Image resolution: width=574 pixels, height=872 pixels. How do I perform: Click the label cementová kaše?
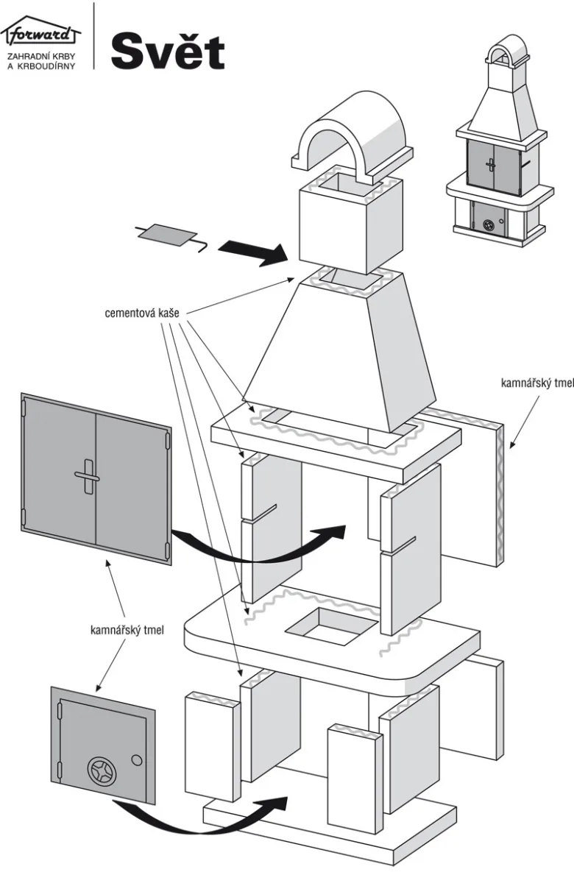(142, 313)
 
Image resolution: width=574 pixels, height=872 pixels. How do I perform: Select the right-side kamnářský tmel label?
(536, 383)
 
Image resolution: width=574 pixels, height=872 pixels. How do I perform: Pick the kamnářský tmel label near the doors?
(127, 630)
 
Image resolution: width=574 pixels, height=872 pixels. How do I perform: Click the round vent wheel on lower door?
(102, 771)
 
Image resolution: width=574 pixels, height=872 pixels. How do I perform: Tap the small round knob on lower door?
(136, 760)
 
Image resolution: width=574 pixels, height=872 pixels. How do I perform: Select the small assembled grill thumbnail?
(500, 139)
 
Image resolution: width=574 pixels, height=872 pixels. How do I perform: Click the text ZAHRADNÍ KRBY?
(41, 57)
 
